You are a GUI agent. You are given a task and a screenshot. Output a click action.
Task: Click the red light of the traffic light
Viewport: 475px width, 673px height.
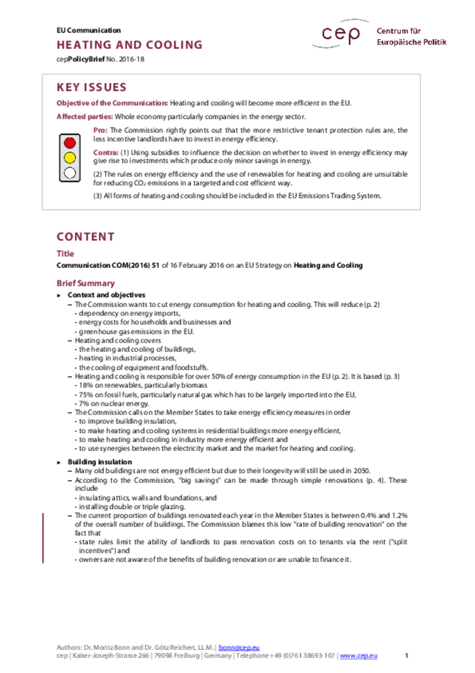[x=70, y=143]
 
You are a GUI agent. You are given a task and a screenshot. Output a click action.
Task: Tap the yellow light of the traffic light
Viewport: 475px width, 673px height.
[x=70, y=157]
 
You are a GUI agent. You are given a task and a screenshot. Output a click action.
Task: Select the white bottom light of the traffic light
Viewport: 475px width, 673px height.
[x=70, y=173]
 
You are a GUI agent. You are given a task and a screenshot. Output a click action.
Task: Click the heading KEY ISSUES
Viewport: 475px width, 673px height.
[x=91, y=88]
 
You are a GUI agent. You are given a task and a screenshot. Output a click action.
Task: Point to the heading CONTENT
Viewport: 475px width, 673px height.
[x=85, y=237]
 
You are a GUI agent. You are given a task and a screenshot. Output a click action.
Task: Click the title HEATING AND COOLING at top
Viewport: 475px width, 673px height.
[x=129, y=45]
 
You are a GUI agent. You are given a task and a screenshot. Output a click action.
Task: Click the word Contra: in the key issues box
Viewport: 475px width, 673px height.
[x=106, y=153]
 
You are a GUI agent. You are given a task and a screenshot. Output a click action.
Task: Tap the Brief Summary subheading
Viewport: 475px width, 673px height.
[x=85, y=283]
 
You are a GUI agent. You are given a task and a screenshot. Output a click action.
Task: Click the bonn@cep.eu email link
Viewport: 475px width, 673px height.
[x=243, y=647]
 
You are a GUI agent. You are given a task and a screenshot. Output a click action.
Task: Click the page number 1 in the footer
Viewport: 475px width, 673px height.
[x=407, y=655]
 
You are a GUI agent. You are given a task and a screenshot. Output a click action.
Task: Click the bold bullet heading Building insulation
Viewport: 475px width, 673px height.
[x=100, y=462]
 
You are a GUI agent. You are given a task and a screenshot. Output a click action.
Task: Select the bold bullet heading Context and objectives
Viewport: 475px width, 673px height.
[x=106, y=295]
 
